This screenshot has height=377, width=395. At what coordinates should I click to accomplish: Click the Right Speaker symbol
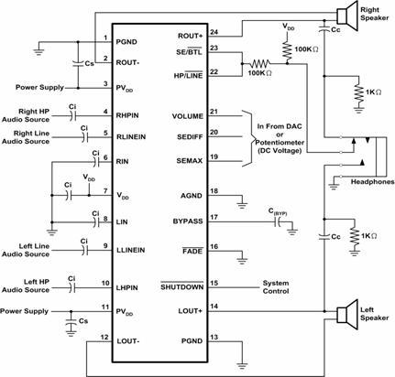pyautogui.click(x=346, y=16)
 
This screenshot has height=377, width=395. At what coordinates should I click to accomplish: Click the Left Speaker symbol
pyautogui.click(x=346, y=315)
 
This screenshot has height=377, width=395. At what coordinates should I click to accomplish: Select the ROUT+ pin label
pyautogui.click(x=190, y=36)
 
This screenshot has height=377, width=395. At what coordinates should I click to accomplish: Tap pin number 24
pyautogui.click(x=214, y=32)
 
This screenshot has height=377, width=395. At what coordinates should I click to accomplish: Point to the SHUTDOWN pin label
pyautogui.click(x=182, y=287)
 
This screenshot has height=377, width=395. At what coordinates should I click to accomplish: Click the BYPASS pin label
pyautogui.click(x=188, y=221)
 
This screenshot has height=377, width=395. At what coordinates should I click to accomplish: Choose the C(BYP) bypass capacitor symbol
pyautogui.click(x=278, y=223)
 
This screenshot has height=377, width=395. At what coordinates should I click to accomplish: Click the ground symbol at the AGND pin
pyautogui.click(x=242, y=205)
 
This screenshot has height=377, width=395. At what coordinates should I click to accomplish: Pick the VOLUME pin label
pyautogui.click(x=187, y=116)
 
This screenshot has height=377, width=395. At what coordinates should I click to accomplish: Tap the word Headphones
pyautogui.click(x=372, y=182)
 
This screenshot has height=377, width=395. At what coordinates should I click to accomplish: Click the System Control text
pyautogui.click(x=276, y=287)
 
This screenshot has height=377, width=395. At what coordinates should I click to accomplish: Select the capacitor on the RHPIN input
pyautogui.click(x=72, y=116)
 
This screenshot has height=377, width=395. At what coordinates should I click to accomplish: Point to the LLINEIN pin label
pyautogui.click(x=131, y=250)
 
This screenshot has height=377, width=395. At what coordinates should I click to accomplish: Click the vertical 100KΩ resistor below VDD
pyautogui.click(x=287, y=50)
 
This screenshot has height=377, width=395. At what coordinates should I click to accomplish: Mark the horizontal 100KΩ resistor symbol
pyautogui.click(x=260, y=64)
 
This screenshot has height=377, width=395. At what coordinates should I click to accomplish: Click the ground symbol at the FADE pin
pyautogui.click(x=242, y=261)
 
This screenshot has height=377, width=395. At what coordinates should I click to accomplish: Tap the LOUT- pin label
pyautogui.click(x=128, y=341)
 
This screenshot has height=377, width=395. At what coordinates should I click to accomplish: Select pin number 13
pyautogui.click(x=214, y=337)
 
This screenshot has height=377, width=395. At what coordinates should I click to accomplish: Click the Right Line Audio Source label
pyautogui.click(x=26, y=137)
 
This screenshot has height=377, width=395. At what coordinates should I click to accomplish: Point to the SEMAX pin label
pyautogui.click(x=190, y=161)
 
